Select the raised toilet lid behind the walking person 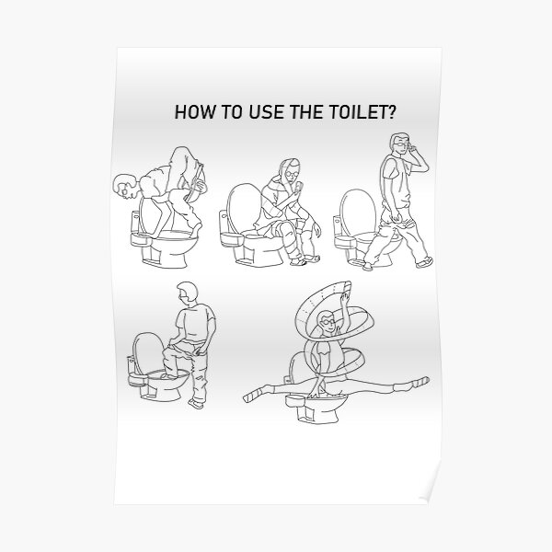point(356,209)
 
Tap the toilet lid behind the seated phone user point(238,207)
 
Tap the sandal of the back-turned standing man point(198,402)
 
